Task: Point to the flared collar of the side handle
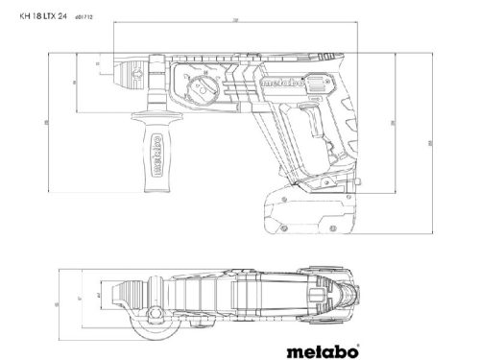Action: click(x=155, y=126)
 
